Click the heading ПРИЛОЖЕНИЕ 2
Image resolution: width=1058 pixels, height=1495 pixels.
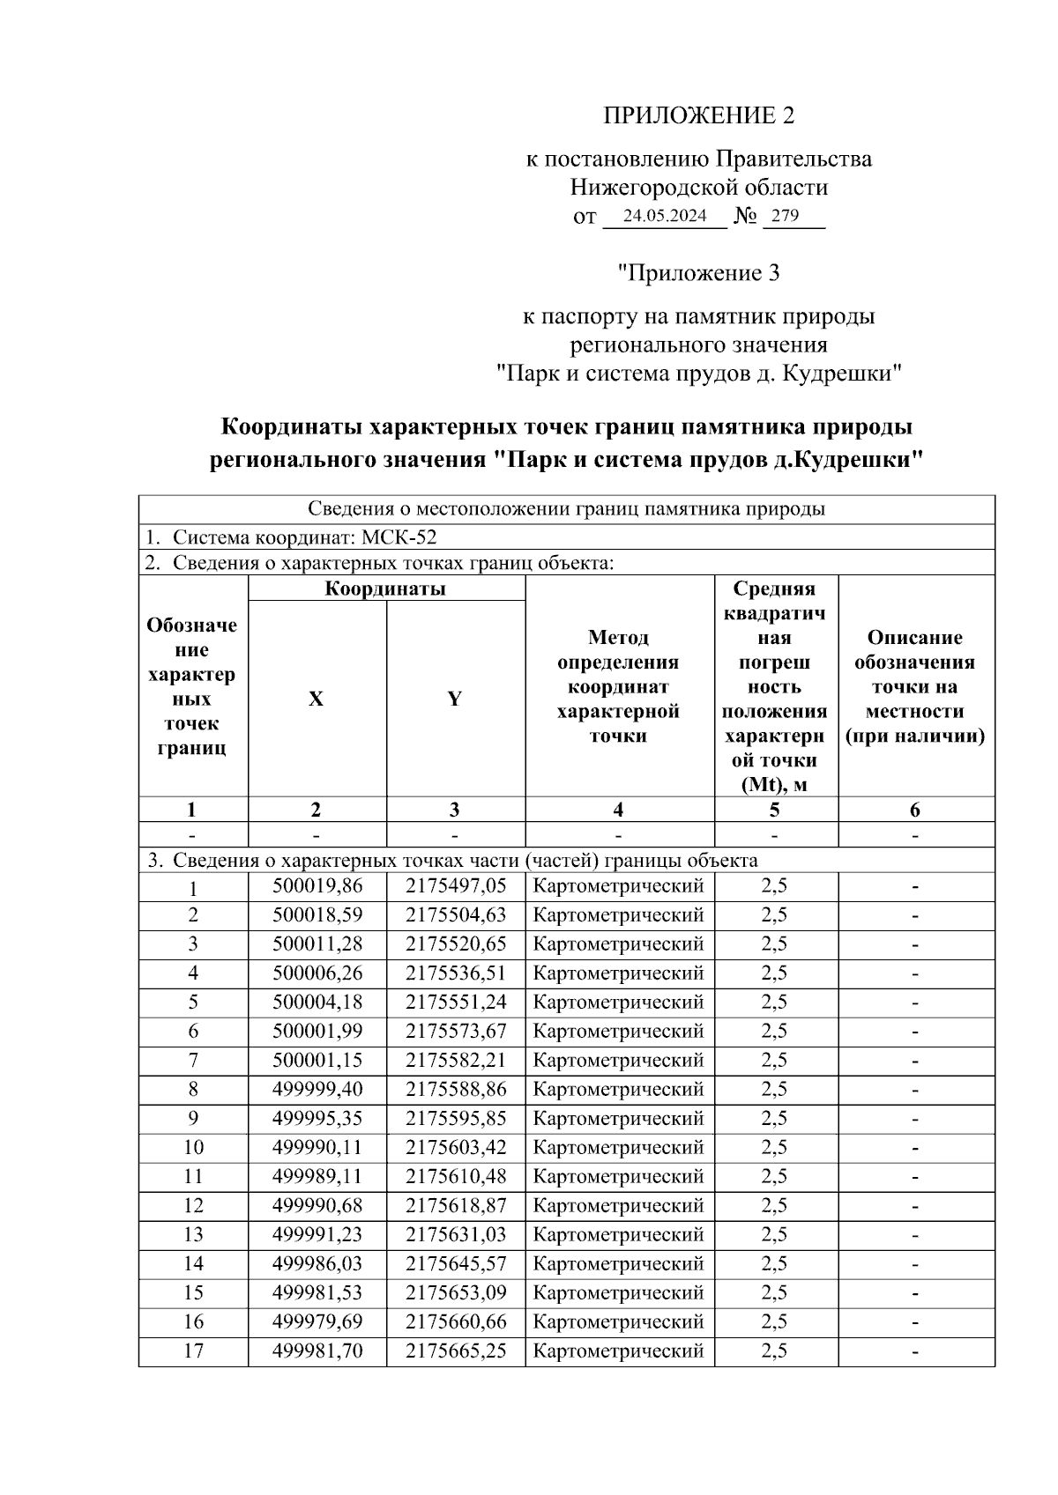coord(698,115)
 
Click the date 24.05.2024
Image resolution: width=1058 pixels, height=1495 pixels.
coord(665,216)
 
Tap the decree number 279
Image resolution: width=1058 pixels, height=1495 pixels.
coord(785,216)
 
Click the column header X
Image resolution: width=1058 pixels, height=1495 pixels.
coord(316,699)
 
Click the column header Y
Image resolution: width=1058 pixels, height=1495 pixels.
coord(454,699)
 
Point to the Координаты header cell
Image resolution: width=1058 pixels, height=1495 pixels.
coord(385,588)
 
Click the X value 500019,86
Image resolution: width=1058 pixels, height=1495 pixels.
coord(317,886)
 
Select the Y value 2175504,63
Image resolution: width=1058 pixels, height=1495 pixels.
coord(456,915)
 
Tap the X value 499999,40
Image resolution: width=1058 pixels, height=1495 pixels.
coord(317,1090)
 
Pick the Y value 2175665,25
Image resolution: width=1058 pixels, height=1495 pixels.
coord(456,1351)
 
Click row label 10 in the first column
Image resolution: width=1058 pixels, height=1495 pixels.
coord(193,1148)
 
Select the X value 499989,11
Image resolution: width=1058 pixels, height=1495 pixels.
coord(317,1177)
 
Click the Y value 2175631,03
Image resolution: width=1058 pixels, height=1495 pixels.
coord(456,1235)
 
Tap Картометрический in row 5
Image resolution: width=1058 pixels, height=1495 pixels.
coord(619,1003)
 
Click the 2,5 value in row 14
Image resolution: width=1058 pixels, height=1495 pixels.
coord(774,1264)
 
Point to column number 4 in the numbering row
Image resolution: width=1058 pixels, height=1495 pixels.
coord(619,810)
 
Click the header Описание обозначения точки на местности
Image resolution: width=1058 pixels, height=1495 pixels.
coord(914,686)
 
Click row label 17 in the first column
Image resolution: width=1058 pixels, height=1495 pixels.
coord(193,1351)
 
